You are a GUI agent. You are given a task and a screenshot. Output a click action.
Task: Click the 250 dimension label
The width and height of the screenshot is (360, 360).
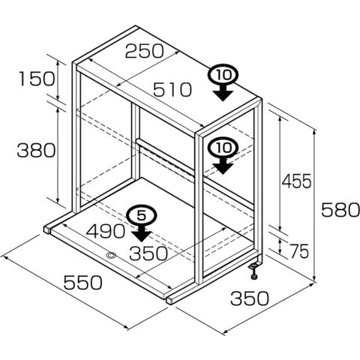pos(144,51)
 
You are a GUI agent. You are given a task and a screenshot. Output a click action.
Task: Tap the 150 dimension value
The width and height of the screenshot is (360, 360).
pos(37,79)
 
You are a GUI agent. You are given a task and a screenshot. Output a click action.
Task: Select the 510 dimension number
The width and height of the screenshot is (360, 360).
pos(172,90)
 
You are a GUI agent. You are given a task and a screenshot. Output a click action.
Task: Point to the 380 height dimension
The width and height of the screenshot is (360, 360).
pos(36,150)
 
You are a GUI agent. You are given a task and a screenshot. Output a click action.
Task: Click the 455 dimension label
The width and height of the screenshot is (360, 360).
pos(297,181)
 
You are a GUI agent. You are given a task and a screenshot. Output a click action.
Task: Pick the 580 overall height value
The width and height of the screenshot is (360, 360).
pos(340,210)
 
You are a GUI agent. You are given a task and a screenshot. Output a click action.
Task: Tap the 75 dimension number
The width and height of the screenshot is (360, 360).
pos(300,251)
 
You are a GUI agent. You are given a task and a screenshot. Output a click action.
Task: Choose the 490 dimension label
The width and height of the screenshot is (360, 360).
pos(105,231)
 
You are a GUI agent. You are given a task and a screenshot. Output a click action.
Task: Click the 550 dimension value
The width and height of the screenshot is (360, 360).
pos(82,282)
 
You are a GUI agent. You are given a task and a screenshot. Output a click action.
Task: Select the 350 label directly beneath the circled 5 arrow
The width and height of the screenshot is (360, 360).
pos(148,253)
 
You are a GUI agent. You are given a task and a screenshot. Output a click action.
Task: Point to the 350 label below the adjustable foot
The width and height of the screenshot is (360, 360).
pos(250,298)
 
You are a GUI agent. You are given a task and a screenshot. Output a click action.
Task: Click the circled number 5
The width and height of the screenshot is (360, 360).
pos(142,216)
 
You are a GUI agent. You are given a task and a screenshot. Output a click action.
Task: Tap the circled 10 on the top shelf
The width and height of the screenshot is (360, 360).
pos(223,74)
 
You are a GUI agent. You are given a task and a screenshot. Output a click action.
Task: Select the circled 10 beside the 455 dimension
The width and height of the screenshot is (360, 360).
pos(223,148)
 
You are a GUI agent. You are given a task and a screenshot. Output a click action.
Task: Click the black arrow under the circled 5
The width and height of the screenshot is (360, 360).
pos(142,232)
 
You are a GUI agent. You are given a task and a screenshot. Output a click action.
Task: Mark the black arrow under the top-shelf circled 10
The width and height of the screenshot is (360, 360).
pos(223,91)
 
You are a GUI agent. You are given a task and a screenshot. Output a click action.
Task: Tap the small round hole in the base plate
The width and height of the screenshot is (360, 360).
pos(111,255)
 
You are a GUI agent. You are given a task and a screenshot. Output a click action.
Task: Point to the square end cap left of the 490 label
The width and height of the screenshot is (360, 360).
pos(47,229)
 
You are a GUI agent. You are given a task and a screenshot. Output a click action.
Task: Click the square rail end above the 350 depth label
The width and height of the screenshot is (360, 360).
pos(169,300)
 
